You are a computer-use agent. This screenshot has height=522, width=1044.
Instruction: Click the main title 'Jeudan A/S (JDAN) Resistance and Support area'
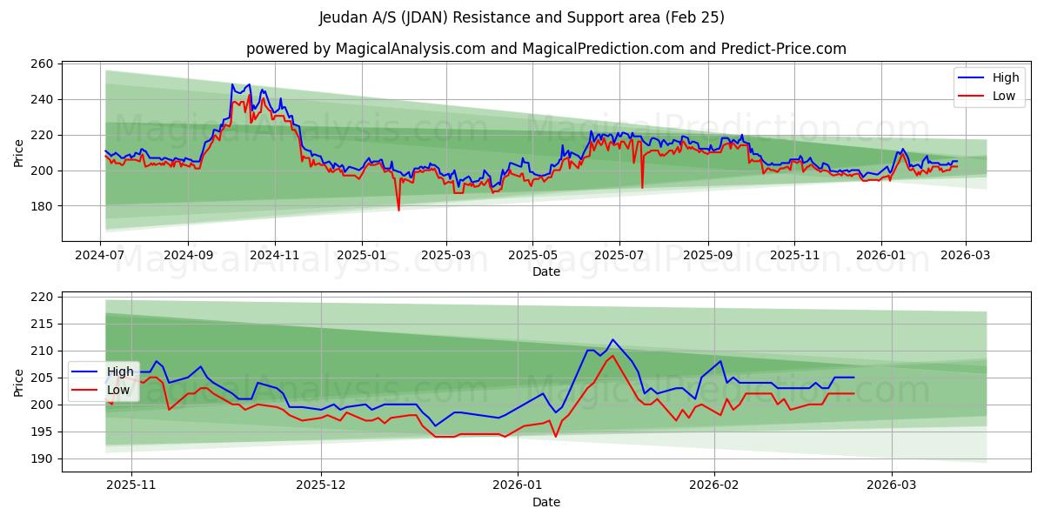(x=521, y=17)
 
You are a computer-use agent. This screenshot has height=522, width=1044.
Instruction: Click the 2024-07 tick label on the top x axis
(x=101, y=255)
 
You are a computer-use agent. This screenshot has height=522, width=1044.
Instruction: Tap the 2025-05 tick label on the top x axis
(x=532, y=255)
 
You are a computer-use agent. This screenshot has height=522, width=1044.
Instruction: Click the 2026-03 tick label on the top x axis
(x=967, y=255)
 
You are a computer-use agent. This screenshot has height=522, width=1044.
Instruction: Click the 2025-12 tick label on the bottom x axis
(x=321, y=485)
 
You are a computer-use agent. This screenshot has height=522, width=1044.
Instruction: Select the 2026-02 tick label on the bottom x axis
(x=713, y=485)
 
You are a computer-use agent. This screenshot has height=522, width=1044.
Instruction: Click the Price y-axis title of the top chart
(x=19, y=152)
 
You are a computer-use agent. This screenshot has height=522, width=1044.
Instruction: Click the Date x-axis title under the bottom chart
(x=545, y=502)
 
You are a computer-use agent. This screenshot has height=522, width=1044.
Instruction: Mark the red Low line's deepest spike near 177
(x=398, y=210)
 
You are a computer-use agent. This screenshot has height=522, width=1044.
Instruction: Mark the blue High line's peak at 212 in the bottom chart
(x=612, y=339)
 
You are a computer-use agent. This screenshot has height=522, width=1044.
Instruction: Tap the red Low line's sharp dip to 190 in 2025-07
(x=642, y=187)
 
